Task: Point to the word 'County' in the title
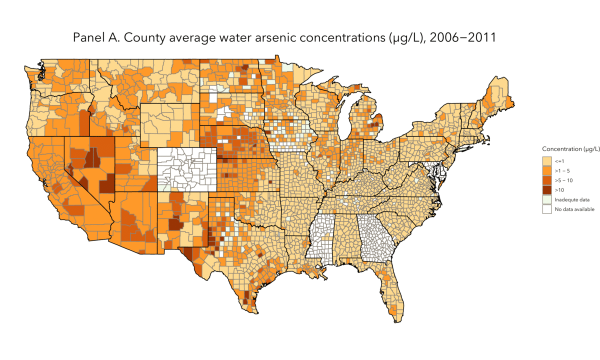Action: tap(139, 38)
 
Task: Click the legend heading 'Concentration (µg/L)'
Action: tap(570, 149)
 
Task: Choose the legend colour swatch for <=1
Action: tap(547, 161)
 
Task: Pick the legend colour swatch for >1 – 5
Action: tap(547, 170)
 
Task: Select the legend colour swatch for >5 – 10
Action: tap(547, 180)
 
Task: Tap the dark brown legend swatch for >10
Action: tap(547, 190)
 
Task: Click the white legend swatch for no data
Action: tap(547, 209)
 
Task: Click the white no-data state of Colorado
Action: tap(187, 170)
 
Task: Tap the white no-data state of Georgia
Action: tap(375, 237)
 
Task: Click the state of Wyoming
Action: tap(170, 125)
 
